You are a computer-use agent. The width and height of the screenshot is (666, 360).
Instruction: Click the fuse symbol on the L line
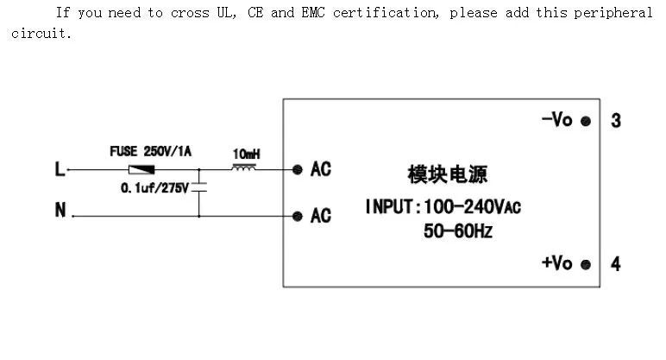pyautogui.click(x=141, y=170)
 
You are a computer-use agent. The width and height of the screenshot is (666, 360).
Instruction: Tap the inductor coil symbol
pyautogui.click(x=244, y=168)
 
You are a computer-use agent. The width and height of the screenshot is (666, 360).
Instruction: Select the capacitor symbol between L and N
pyautogui.click(x=198, y=187)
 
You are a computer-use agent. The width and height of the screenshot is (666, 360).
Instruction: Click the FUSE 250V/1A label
pyautogui.click(x=151, y=151)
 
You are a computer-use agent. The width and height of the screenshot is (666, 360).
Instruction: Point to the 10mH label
pyautogui.click(x=247, y=154)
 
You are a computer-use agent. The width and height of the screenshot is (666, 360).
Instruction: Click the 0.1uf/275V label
pyautogui.click(x=154, y=188)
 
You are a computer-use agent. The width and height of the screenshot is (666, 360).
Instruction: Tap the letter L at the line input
pyautogui.click(x=60, y=169)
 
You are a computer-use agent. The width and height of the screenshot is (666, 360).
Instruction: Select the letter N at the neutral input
pyautogui.click(x=60, y=210)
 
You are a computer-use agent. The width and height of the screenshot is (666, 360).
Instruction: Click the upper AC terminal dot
pyautogui.click(x=298, y=170)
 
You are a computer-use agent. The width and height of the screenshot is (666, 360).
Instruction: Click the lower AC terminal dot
pyautogui.click(x=298, y=217)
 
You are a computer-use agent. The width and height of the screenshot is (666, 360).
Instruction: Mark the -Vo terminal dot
pyautogui.click(x=586, y=122)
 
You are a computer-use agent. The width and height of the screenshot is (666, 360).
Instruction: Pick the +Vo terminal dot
pyautogui.click(x=586, y=265)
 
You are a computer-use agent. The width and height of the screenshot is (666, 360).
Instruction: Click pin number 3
pyautogui.click(x=616, y=121)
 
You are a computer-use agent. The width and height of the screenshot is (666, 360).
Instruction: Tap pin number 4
pyautogui.click(x=616, y=264)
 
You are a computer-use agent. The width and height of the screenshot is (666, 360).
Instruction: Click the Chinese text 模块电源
pyautogui.click(x=447, y=174)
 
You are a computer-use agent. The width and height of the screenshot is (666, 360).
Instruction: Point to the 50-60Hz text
pyautogui.click(x=458, y=231)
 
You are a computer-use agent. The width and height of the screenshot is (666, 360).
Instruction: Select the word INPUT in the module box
pyautogui.click(x=389, y=207)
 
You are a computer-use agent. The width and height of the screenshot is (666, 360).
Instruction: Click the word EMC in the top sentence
pyautogui.click(x=313, y=13)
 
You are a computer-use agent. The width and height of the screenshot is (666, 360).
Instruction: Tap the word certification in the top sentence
pyautogui.click(x=386, y=13)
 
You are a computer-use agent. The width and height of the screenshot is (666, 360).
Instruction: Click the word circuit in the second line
pyautogui.click(x=41, y=33)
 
